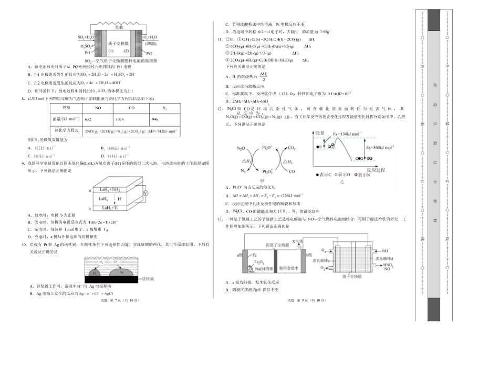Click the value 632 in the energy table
pos(88,120)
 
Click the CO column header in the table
pos(131,107)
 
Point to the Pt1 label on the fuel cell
pos(88,53)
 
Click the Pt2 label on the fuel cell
pos(149,53)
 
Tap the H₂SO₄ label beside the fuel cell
pos(86,46)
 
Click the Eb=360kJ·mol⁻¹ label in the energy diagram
pos(380,148)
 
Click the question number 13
pos(220,218)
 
